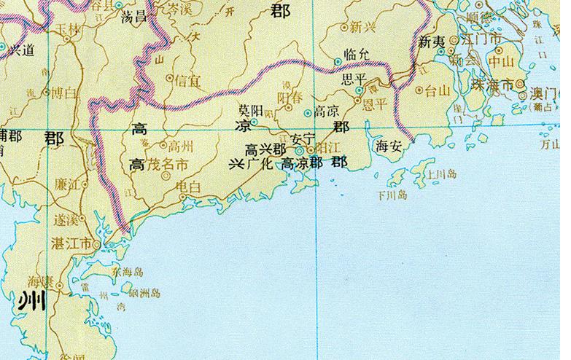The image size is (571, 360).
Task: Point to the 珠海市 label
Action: [x=490, y=84]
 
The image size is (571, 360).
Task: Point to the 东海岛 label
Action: [x=128, y=272]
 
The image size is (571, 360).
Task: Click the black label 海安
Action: [x=388, y=146]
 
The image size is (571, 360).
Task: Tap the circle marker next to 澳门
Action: [x=520, y=85]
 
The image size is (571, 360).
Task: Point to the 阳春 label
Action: [x=290, y=98]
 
